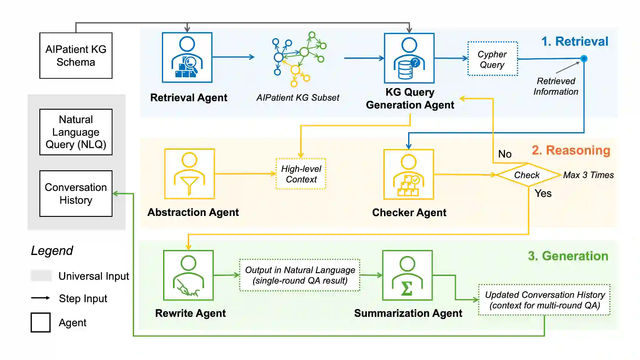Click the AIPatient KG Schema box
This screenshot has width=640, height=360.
pyautogui.click(x=76, y=56)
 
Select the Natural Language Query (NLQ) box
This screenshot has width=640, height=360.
pyautogui.click(x=76, y=132)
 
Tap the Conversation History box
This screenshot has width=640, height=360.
pyautogui.click(x=76, y=193)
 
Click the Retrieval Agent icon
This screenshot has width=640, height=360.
pyautogui.click(x=187, y=57)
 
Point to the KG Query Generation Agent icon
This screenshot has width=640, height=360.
pyautogui.click(x=409, y=58)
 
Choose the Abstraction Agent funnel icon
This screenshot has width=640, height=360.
pyautogui.click(x=189, y=174)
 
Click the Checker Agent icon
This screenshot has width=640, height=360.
pyautogui.click(x=408, y=174)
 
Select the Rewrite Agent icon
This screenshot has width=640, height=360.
pyautogui.click(x=188, y=275)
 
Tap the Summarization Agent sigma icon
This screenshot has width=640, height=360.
pyautogui.click(x=407, y=275)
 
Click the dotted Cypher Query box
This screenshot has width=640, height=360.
pyautogui.click(x=492, y=59)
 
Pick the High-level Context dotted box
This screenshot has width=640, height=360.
pyautogui.click(x=301, y=174)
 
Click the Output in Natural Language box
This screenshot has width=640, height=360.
pyautogui.click(x=300, y=275)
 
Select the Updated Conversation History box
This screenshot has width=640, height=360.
pyautogui.click(x=544, y=300)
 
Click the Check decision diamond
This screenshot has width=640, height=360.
pyautogui.click(x=527, y=175)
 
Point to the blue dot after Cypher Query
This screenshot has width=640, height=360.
pyautogui.click(x=584, y=58)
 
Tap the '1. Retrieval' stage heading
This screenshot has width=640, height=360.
pyautogui.click(x=575, y=41)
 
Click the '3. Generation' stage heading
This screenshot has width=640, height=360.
pyautogui.click(x=568, y=256)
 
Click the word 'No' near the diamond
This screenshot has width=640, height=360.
pyautogui.click(x=505, y=154)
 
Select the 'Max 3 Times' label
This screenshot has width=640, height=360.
pyautogui.click(x=588, y=175)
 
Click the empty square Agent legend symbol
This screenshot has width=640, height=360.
pyautogui.click(x=41, y=322)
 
